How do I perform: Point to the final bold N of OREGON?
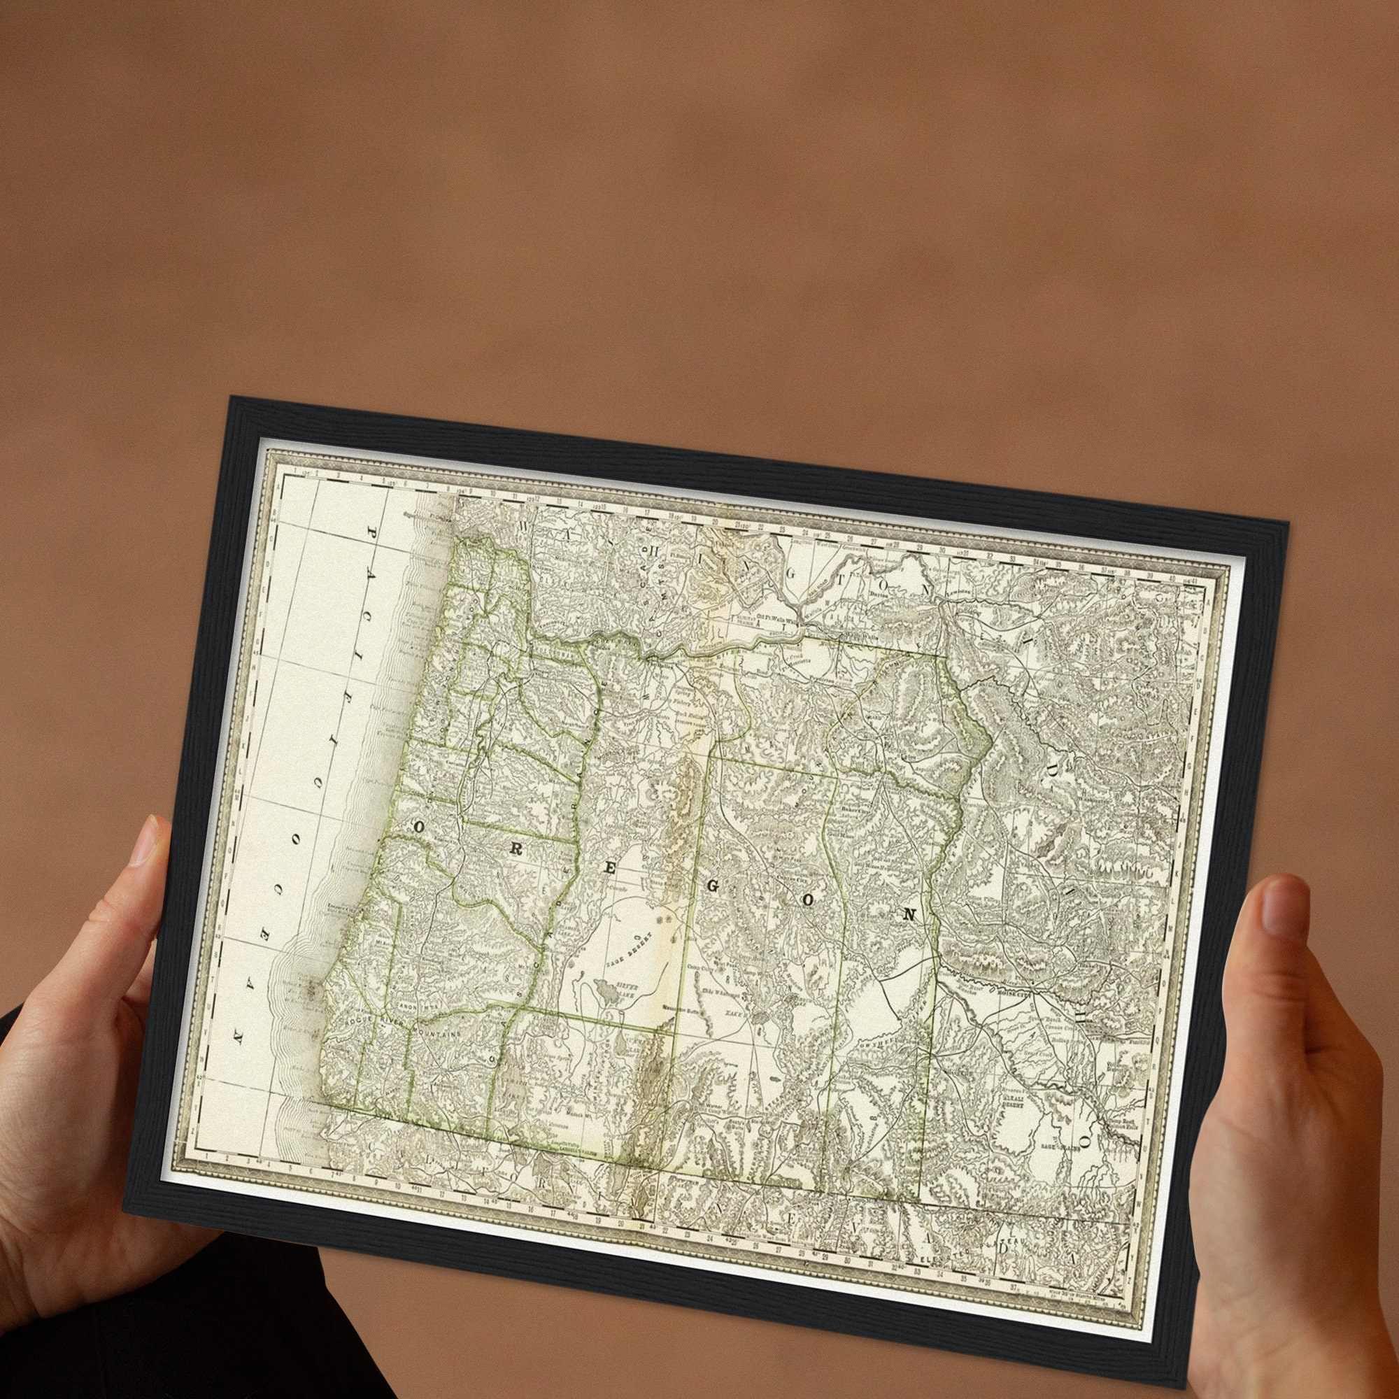tap(909, 914)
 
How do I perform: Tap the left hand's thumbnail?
tap(147, 842)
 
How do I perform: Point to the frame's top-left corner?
tap(232, 397)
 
